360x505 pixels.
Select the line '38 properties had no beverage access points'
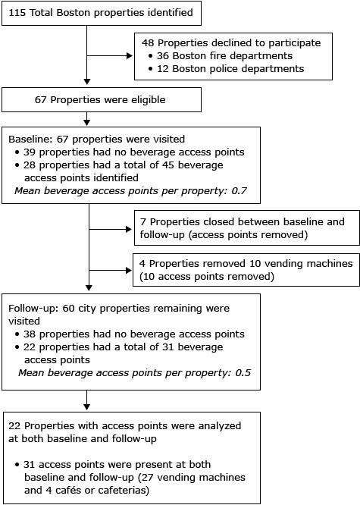(129, 334)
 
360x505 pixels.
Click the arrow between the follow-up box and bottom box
(89, 397)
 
